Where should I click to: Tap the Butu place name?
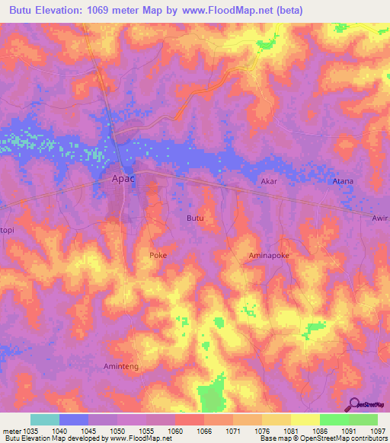click(195, 218)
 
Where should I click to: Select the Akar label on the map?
click(269, 182)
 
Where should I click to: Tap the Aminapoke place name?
click(269, 257)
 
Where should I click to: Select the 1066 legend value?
click(203, 430)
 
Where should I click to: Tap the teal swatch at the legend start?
click(45, 419)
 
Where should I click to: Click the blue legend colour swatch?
click(74, 419)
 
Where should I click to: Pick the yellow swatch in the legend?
click(305, 419)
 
